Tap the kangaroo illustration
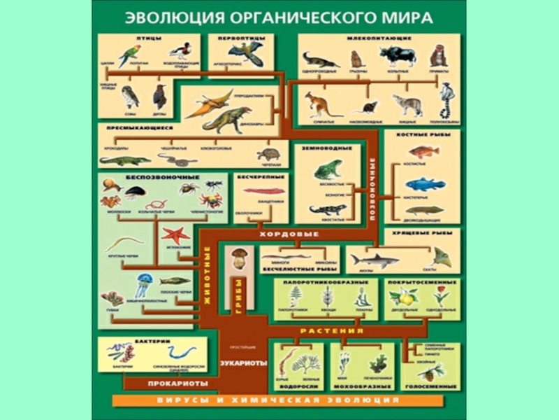(320, 103)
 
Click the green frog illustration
(327, 169)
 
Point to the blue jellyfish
(145, 284)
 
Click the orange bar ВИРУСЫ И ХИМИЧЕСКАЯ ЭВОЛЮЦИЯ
(277, 400)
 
